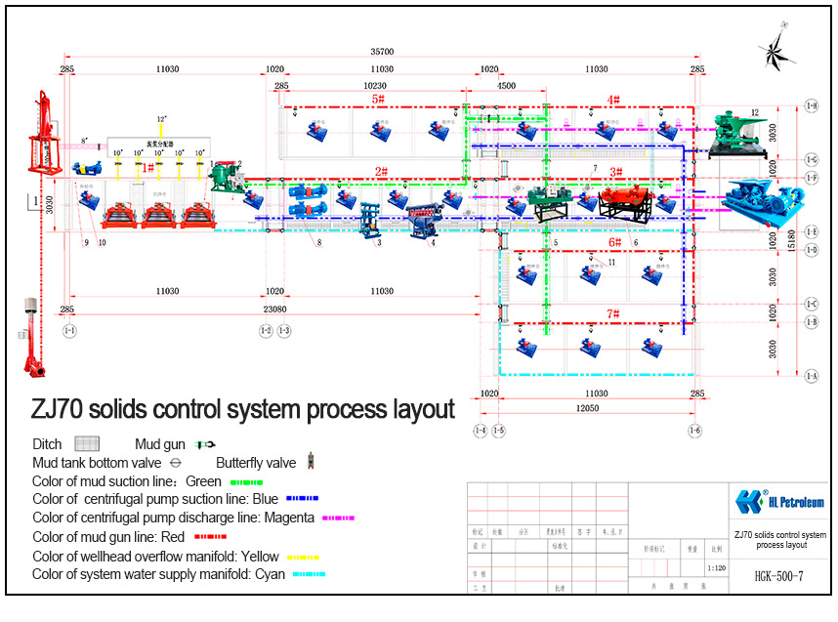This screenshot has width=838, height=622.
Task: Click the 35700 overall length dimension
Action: pyautogui.click(x=382, y=51)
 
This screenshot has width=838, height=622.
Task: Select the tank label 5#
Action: pyautogui.click(x=378, y=100)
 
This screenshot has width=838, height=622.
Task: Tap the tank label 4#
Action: pyautogui.click(x=613, y=100)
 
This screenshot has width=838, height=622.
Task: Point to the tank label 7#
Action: pyautogui.click(x=613, y=313)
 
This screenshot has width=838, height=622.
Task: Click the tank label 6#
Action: pyautogui.click(x=614, y=242)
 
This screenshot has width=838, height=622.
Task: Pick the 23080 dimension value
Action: pyautogui.click(x=274, y=309)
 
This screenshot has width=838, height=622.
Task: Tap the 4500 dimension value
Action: pyautogui.click(x=506, y=86)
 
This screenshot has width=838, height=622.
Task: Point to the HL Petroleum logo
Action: pyautogui.click(x=778, y=502)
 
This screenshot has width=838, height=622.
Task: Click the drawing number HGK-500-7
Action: pyautogui.click(x=779, y=577)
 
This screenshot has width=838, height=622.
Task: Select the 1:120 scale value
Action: pyautogui.click(x=716, y=566)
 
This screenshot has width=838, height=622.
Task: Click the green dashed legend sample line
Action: pyautogui.click(x=245, y=481)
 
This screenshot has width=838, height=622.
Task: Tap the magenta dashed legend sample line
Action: pyautogui.click(x=337, y=518)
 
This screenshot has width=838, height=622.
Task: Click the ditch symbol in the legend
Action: pyautogui.click(x=89, y=444)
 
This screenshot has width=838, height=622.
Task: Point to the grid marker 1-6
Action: pyautogui.click(x=694, y=431)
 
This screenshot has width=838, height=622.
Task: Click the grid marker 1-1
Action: pyautogui.click(x=68, y=331)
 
